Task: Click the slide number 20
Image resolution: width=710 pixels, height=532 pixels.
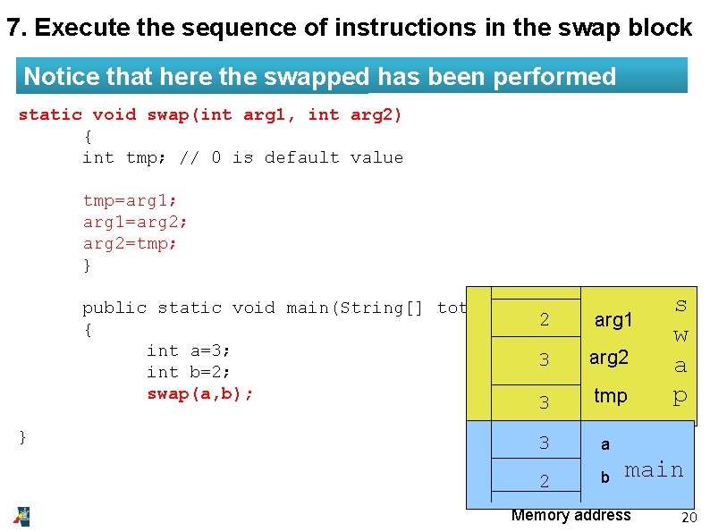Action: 689,518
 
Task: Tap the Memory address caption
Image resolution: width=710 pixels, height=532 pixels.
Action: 571,515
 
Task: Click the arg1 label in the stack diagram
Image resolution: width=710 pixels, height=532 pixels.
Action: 613,320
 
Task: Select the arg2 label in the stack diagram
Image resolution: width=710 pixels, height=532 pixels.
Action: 609,358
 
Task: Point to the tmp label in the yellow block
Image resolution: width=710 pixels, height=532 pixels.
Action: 611,395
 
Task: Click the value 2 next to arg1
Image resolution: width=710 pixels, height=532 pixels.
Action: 544,321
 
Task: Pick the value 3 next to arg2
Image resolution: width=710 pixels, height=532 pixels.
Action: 544,360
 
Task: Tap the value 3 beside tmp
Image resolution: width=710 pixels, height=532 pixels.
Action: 544,402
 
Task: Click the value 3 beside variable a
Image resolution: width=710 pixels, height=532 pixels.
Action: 544,443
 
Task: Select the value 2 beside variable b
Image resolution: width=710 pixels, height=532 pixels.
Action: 544,481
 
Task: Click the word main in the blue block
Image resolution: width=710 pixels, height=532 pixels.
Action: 654,469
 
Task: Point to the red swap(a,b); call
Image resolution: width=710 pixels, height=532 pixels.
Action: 200,393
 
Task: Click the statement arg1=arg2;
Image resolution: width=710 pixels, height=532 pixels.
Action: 135,222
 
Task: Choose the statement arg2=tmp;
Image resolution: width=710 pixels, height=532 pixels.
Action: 130,243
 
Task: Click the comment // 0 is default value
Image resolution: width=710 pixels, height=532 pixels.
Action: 292,157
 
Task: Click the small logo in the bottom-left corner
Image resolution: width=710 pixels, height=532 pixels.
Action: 21,516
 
